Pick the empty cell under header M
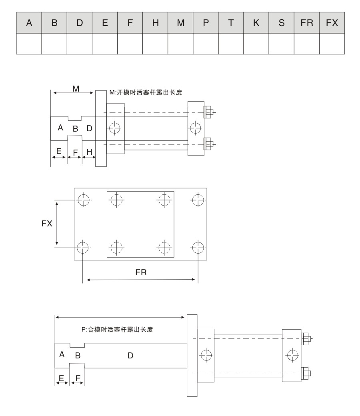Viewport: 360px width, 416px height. click(x=180, y=44)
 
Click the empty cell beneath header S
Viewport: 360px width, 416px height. click(x=281, y=44)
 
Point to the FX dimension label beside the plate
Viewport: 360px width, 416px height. click(x=47, y=224)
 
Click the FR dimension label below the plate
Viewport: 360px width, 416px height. click(x=141, y=273)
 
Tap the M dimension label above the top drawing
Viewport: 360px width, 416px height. click(x=76, y=88)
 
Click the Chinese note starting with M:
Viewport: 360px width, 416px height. click(x=146, y=92)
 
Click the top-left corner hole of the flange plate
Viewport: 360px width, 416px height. click(x=83, y=200)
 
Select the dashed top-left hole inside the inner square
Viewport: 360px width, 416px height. click(x=116, y=200)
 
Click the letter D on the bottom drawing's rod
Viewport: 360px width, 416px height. click(x=130, y=355)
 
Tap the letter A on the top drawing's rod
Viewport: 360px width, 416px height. click(x=60, y=128)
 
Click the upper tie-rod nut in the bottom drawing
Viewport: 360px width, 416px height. click(x=307, y=338)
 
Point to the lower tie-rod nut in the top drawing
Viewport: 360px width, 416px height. click(x=208, y=143)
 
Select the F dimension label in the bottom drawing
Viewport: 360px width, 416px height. click(x=78, y=377)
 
